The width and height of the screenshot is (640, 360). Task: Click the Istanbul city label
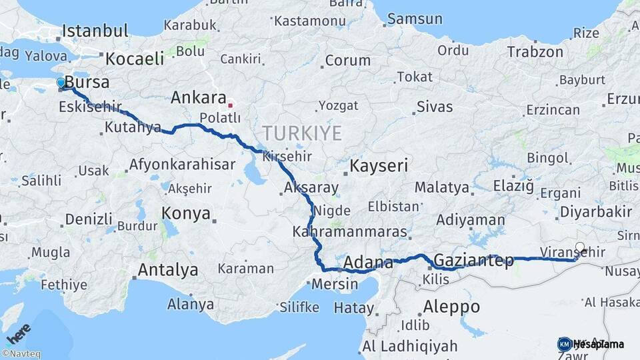point(95,31)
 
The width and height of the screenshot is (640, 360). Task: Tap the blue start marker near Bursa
point(61,83)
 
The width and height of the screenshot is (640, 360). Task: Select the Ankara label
point(198,97)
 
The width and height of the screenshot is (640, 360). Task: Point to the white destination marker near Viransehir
point(580,247)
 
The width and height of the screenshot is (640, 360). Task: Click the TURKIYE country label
point(302,132)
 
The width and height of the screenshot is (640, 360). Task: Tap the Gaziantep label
point(473,260)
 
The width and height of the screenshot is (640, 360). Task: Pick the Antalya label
point(167,270)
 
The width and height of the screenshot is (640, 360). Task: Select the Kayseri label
point(379,165)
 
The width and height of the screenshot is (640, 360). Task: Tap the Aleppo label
point(451,307)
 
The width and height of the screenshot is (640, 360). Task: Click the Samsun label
point(415,19)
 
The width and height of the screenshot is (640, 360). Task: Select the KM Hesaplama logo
point(591,344)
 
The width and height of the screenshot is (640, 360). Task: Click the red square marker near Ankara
point(231,105)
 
